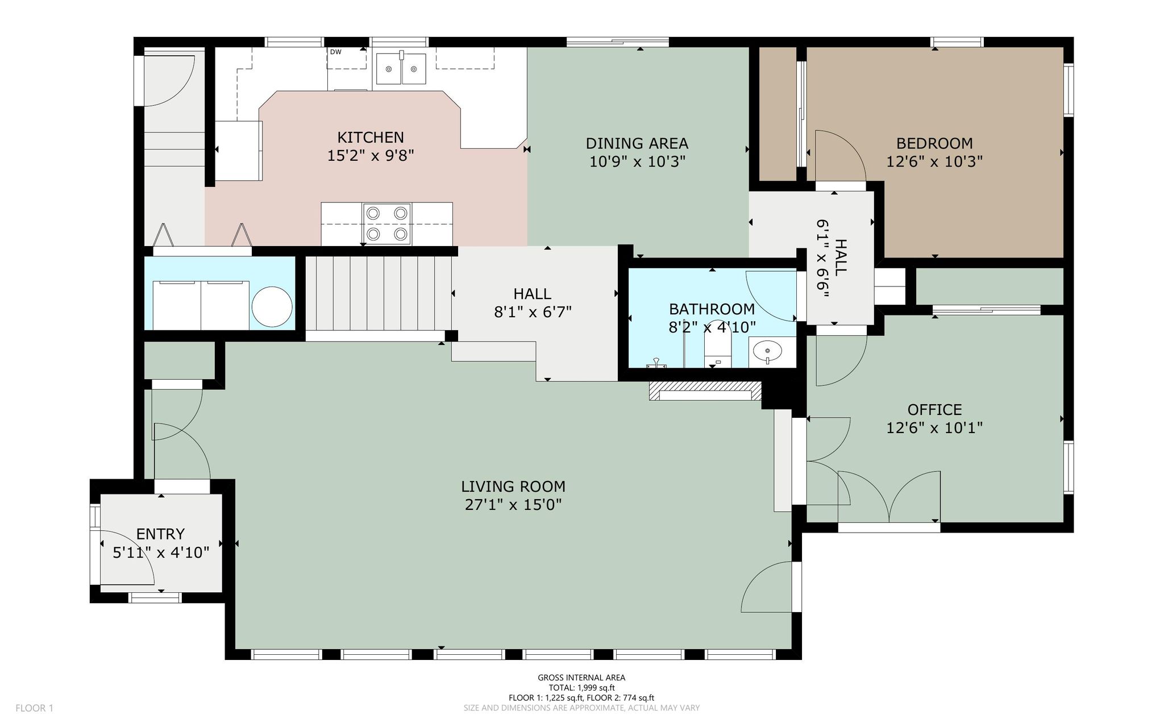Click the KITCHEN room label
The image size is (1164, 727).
(x=371, y=137)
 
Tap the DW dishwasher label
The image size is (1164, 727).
(x=335, y=52)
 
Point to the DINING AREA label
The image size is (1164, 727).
(x=637, y=143)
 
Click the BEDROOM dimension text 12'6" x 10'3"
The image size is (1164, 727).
(x=934, y=161)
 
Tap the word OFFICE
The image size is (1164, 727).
(x=934, y=409)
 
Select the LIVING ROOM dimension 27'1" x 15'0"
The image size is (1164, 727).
(x=513, y=505)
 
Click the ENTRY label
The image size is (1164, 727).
(x=160, y=534)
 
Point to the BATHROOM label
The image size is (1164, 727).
(x=712, y=309)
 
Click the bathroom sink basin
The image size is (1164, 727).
(x=767, y=351)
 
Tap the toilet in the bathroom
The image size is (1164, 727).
(x=717, y=348)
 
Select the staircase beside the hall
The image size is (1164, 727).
(x=379, y=293)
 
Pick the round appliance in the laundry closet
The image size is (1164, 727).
(x=272, y=307)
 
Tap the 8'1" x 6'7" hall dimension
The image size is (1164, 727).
(x=533, y=312)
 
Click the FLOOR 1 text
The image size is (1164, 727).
(x=34, y=708)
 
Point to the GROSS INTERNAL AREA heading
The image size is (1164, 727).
(x=581, y=678)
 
